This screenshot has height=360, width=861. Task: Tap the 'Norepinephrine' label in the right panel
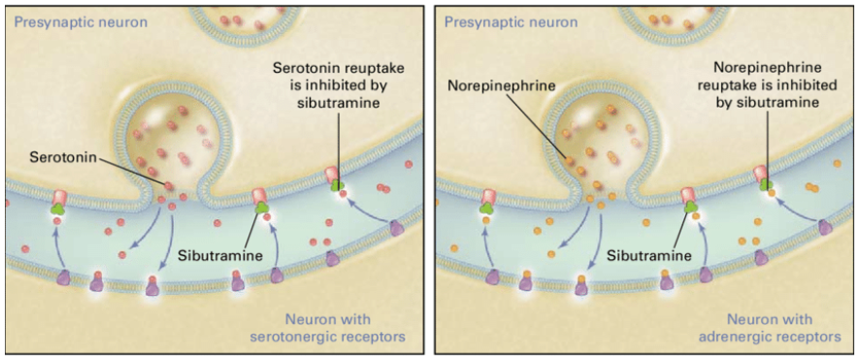click(x=501, y=86)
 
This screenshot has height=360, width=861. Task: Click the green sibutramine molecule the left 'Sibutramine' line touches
click(x=260, y=207)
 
